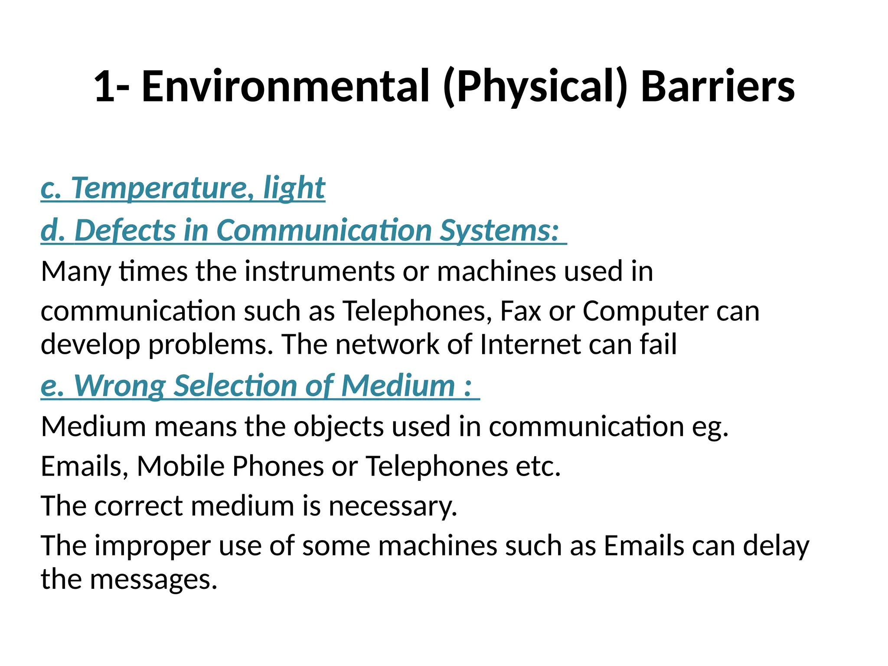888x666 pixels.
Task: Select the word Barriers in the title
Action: pyautogui.click(x=718, y=87)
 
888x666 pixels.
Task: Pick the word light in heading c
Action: pyautogui.click(x=294, y=188)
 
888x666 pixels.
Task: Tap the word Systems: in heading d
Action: pyautogui.click(x=499, y=230)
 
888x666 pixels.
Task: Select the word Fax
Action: pyautogui.click(x=520, y=311)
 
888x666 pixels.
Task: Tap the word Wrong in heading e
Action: pyautogui.click(x=120, y=385)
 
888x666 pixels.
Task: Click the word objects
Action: pyautogui.click(x=339, y=427)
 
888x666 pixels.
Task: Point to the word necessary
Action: pyautogui.click(x=392, y=506)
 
